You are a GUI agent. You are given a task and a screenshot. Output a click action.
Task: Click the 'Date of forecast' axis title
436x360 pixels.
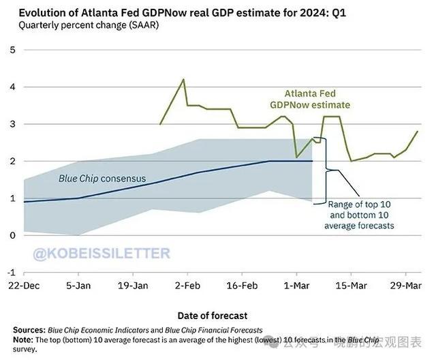212,315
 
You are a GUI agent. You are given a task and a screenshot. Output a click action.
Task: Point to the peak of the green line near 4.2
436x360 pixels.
183,80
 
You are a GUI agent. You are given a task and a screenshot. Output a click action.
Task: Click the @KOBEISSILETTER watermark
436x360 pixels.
102,254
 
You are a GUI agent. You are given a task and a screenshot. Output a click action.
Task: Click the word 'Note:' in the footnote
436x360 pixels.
24,340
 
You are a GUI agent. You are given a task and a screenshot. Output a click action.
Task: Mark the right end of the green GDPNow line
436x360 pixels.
418,132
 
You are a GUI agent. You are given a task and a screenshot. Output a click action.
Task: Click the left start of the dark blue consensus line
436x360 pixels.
25,202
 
